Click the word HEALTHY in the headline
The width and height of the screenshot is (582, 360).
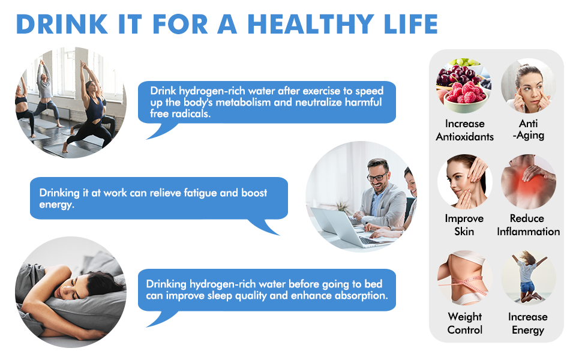tap(311, 25)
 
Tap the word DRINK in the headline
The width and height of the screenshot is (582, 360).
tap(62, 25)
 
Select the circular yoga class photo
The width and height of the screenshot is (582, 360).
tap(71, 103)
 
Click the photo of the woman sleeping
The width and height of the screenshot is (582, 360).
tap(71, 292)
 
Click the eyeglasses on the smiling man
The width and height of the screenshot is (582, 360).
tap(377, 176)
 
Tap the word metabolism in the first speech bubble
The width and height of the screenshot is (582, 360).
tap(243, 103)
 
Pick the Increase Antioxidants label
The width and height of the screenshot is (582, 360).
tap(465, 130)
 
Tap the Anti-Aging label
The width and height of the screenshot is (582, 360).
tap(529, 130)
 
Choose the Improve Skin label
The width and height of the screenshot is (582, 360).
tap(464, 225)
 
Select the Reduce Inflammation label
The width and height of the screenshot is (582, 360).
tap(528, 225)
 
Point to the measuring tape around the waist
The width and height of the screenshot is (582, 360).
tap(463, 284)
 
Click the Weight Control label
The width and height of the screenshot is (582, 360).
tap(465, 323)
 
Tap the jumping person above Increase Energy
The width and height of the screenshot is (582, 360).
tap(528, 277)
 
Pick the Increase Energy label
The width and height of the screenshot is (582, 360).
tap(528, 323)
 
